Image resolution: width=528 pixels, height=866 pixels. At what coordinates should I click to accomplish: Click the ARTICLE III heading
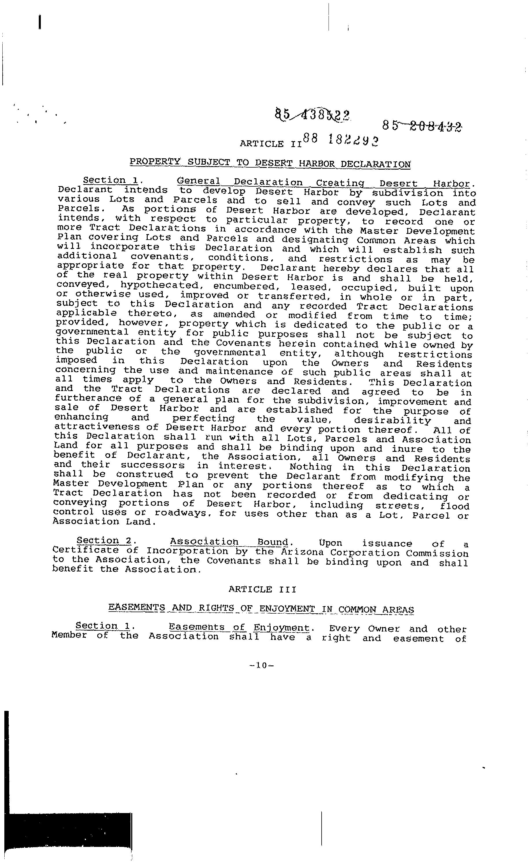coord(262,589)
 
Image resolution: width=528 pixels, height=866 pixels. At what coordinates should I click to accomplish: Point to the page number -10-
coord(262,665)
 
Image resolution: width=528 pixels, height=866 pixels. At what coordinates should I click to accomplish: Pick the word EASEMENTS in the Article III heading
coord(136,608)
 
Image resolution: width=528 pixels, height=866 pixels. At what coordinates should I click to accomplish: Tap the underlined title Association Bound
coord(229,542)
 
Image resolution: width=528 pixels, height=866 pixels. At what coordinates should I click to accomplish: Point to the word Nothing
coord(310,467)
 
